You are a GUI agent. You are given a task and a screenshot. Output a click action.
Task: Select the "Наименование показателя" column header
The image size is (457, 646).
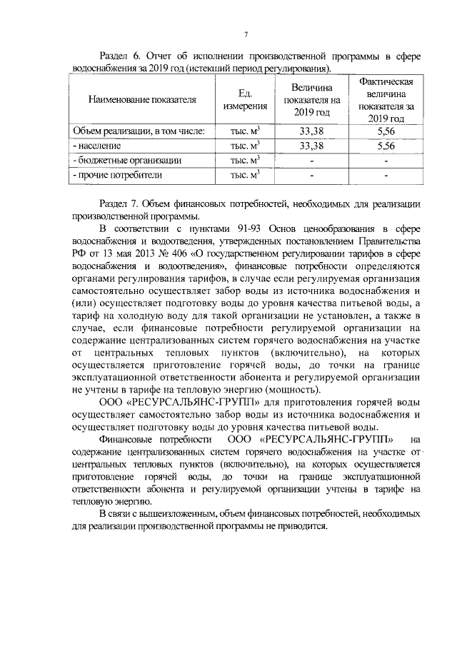click(x=142, y=99)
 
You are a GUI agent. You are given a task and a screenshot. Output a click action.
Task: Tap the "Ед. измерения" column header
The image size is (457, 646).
click(x=244, y=99)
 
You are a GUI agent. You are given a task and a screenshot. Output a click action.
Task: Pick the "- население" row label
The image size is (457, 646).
click(x=100, y=146)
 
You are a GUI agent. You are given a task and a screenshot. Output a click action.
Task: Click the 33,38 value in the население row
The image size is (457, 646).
click(x=308, y=146)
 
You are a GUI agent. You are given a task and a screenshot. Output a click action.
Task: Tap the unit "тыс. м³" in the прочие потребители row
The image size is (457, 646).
click(x=244, y=174)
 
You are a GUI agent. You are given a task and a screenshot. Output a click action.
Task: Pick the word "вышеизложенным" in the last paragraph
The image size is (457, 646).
click(x=180, y=514)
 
